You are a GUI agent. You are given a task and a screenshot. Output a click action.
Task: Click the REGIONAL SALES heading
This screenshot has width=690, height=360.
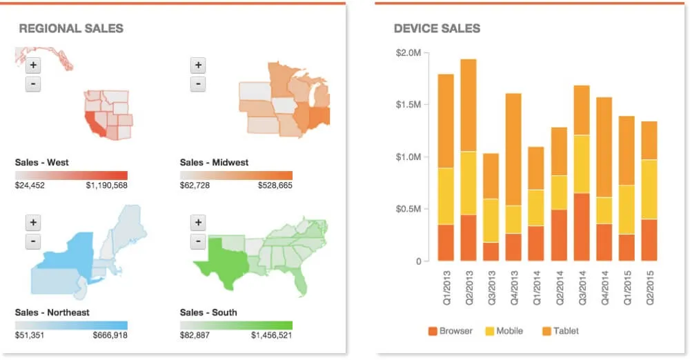click(71, 28)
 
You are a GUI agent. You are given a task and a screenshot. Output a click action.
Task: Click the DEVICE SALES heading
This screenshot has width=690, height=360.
click(437, 28)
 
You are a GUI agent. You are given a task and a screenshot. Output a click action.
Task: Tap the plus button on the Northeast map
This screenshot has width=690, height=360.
click(33, 223)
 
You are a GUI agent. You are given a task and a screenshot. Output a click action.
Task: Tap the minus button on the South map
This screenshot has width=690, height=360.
click(198, 242)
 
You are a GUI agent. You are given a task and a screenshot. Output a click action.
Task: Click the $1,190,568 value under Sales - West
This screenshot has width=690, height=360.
click(106, 186)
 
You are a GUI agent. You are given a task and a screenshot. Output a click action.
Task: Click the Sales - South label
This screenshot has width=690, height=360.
click(208, 312)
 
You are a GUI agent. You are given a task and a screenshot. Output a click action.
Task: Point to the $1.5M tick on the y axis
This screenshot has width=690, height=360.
click(408, 105)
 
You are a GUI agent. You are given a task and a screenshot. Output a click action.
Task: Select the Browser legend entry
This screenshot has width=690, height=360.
click(451, 331)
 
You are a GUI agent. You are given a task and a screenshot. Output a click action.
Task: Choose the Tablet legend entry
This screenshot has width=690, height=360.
click(560, 331)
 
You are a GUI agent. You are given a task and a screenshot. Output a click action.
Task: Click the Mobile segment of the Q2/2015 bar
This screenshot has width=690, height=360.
click(649, 190)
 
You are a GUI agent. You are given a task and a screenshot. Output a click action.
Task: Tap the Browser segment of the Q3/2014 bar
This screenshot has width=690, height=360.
click(582, 227)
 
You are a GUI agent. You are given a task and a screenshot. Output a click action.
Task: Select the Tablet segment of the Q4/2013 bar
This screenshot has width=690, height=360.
click(513, 149)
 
